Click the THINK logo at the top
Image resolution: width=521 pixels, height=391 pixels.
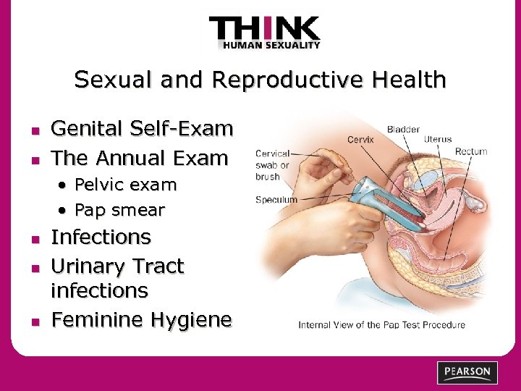tap(264, 30)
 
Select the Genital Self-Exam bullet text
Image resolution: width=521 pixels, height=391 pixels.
tap(142, 129)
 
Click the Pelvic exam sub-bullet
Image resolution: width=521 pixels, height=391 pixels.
tap(125, 185)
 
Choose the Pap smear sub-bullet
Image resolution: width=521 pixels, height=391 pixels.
tap(119, 211)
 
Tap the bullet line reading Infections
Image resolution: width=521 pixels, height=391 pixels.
tap(101, 237)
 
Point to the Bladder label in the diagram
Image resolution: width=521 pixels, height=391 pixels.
tap(403, 130)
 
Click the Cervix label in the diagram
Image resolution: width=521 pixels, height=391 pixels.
tap(360, 140)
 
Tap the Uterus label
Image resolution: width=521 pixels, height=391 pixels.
tap(438, 139)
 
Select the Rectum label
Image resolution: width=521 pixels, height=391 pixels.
tap(471, 151)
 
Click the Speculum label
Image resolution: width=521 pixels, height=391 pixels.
tap(276, 199)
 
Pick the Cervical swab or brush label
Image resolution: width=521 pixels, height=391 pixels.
tap(273, 164)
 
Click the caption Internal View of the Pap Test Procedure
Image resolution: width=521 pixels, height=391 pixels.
tap(381, 325)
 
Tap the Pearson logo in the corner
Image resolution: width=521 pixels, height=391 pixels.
tap(467, 373)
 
